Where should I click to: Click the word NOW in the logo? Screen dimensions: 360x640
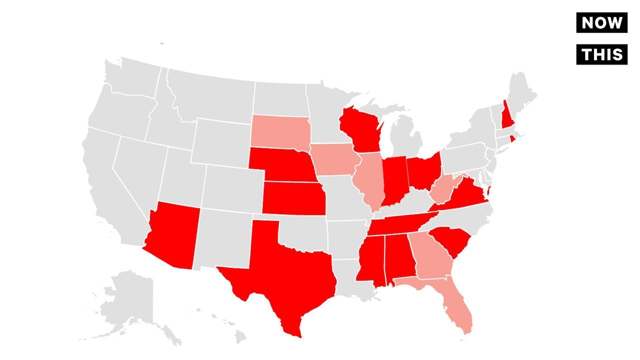coord(601,22)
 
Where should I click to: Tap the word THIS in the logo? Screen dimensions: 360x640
coord(601,54)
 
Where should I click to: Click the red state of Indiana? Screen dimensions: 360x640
coord(394,180)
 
